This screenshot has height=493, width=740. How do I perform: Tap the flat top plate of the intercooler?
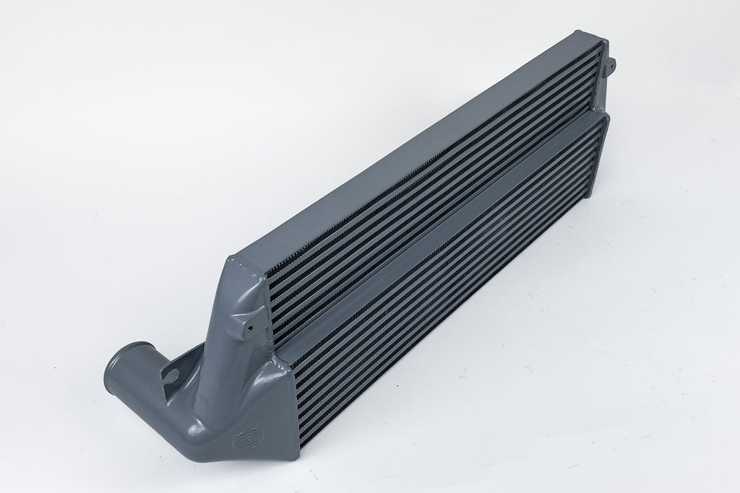click(412, 144)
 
